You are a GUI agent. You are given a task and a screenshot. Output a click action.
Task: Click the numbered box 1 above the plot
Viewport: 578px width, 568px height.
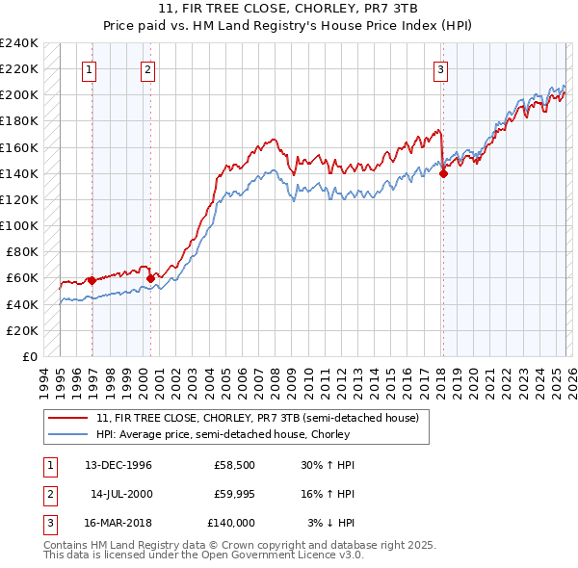(x=89, y=68)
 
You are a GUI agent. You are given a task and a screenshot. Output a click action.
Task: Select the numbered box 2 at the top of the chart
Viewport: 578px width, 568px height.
(x=147, y=68)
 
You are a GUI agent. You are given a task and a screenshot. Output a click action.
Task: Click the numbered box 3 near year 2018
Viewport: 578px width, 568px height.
(x=440, y=68)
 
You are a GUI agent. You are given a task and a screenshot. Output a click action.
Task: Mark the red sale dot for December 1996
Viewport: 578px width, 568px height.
(x=92, y=280)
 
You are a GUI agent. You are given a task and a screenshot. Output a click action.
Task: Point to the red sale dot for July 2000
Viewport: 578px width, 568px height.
(x=151, y=279)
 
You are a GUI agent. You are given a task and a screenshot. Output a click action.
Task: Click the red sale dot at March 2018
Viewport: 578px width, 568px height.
(x=443, y=174)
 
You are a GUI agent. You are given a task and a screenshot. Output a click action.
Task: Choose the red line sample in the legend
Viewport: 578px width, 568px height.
(x=69, y=419)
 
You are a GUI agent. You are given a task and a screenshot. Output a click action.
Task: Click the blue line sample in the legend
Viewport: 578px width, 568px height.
(x=69, y=434)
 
